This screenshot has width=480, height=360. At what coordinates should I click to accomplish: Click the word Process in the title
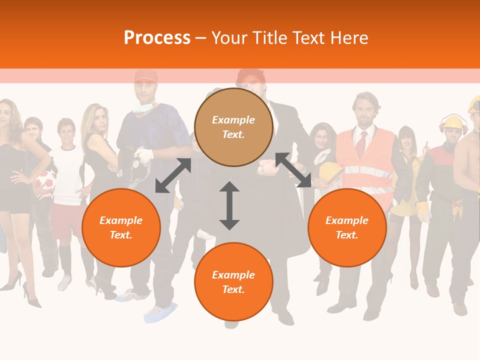click(x=157, y=38)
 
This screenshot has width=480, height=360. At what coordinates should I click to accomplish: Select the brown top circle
click(x=233, y=127)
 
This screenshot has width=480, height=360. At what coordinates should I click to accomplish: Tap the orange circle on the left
click(x=121, y=227)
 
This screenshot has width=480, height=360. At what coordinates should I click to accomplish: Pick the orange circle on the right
click(x=347, y=227)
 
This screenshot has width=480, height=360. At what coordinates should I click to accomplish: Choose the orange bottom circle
click(x=233, y=282)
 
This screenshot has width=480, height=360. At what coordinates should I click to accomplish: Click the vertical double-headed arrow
click(x=229, y=205)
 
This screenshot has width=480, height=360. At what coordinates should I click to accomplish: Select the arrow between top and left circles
click(x=173, y=175)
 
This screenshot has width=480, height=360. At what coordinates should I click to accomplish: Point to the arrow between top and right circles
click(x=293, y=170)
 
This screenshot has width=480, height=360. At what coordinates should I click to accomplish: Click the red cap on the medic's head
click(x=145, y=76)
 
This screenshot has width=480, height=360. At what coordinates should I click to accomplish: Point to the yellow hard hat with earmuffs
click(x=453, y=123)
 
